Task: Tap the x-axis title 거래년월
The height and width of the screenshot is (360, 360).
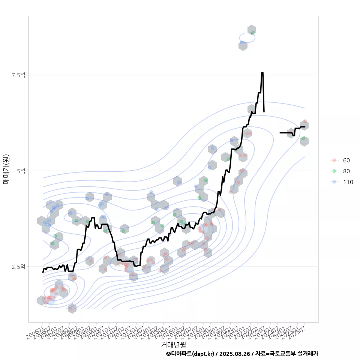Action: point(173,344)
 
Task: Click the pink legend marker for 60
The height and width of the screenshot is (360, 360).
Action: point(334,160)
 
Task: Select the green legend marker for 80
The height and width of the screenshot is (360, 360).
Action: point(334,171)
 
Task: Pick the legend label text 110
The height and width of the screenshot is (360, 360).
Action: point(348,182)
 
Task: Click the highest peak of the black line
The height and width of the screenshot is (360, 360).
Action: point(262,73)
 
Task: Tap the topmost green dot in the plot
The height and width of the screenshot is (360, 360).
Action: point(253,33)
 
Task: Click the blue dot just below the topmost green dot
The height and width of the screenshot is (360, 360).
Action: point(242,42)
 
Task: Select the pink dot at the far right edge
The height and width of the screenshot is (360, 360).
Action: point(305,121)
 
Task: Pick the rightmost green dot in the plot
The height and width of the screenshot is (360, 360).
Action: point(303,138)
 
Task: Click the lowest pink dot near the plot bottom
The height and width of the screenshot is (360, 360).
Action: point(70,309)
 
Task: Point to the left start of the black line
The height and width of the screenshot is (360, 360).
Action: point(43,272)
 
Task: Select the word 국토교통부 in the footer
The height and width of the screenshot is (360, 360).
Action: point(282,354)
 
